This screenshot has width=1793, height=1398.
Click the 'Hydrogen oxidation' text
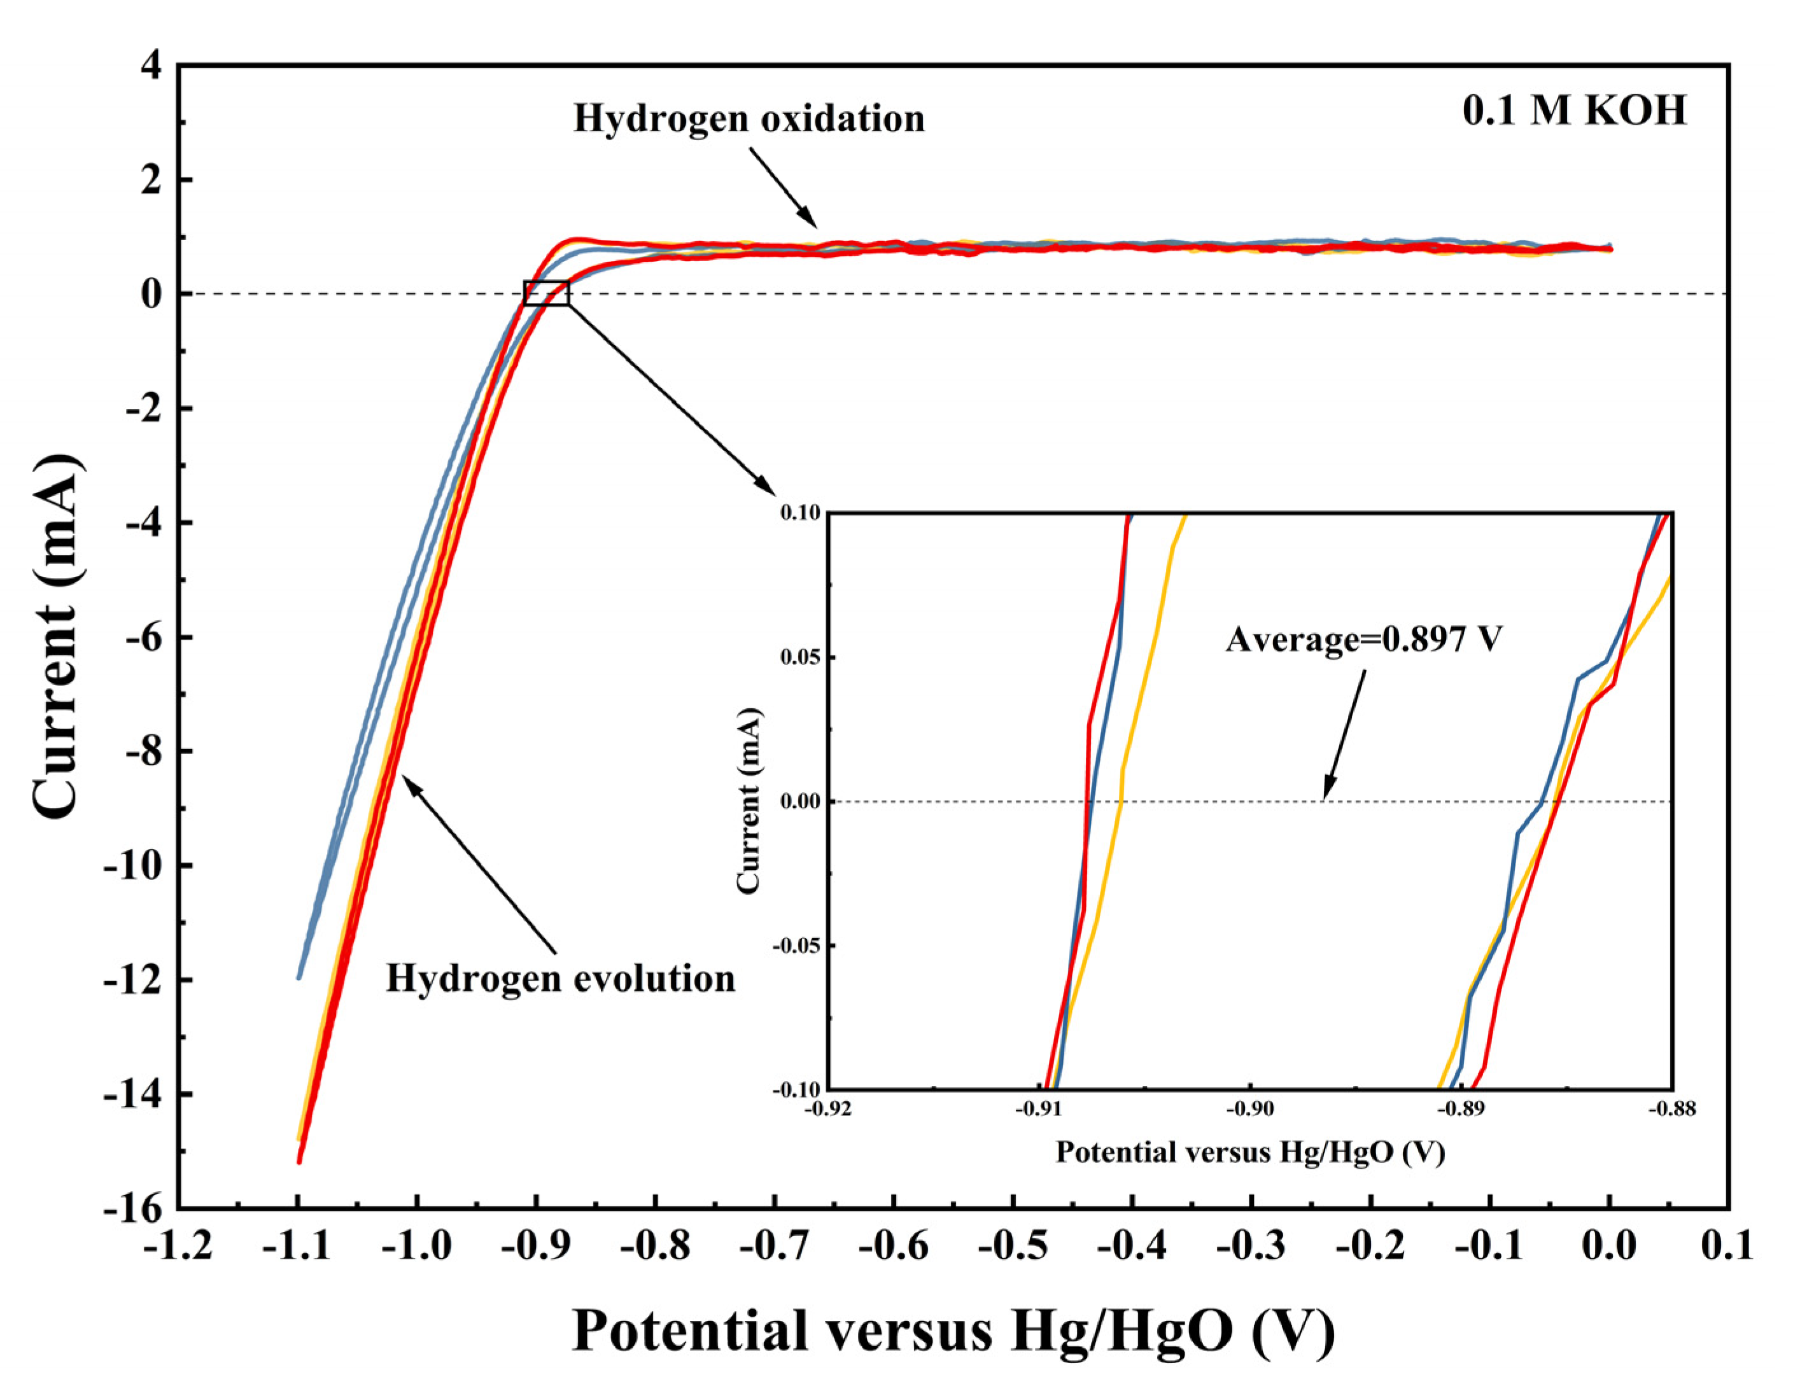(749, 119)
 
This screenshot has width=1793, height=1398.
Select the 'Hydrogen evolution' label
(561, 979)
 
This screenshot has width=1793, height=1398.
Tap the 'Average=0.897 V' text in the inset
(1363, 639)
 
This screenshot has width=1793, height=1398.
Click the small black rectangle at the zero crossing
(546, 293)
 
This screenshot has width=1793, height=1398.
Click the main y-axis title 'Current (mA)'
(57, 636)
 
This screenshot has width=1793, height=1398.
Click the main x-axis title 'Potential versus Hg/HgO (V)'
(953, 1331)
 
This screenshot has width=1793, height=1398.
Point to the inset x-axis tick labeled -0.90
(1250, 1110)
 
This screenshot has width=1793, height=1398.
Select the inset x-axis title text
(1249, 1152)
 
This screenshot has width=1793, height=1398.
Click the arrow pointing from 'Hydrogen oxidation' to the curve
(784, 188)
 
